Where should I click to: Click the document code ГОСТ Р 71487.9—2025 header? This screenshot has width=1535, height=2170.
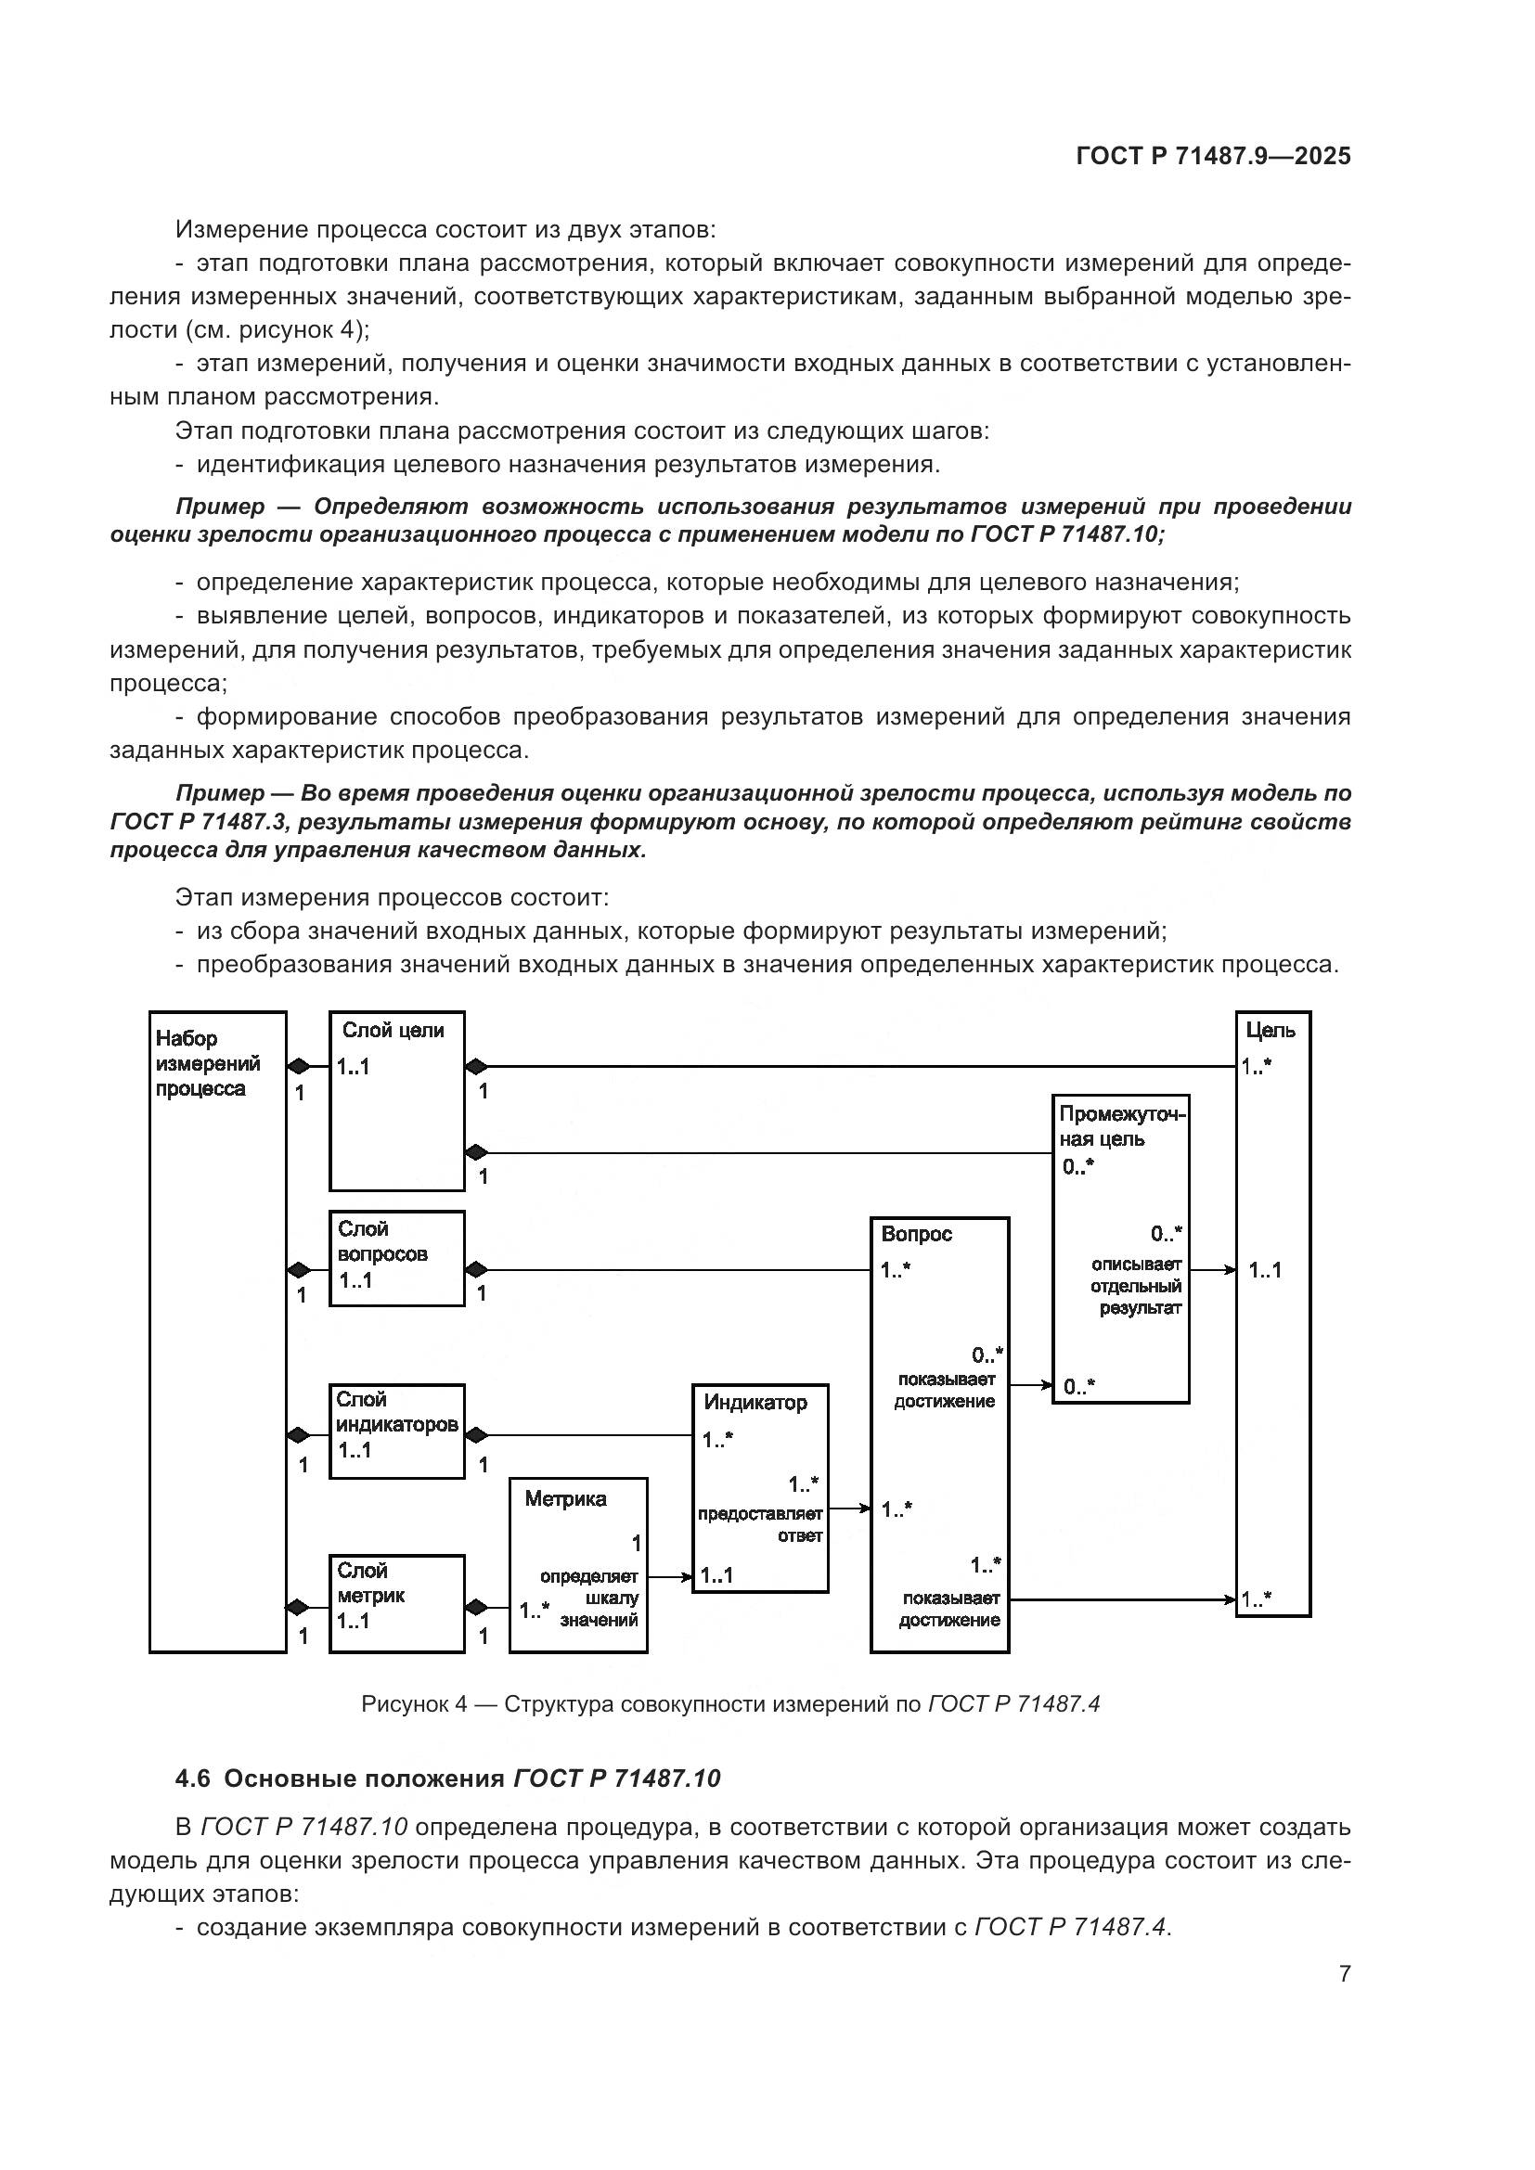pyautogui.click(x=1213, y=157)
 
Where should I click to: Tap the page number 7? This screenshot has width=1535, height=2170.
pyautogui.click(x=1344, y=1974)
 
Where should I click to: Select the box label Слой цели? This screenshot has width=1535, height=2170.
pyautogui.click(x=393, y=1030)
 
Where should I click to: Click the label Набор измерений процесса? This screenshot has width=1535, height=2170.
pyautogui.click(x=207, y=1063)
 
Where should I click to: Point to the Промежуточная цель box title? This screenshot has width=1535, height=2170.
pyautogui.click(x=1121, y=1126)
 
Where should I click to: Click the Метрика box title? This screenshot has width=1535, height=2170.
pyautogui.click(x=565, y=1499)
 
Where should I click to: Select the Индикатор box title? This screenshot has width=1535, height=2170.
pyautogui.click(x=755, y=1403)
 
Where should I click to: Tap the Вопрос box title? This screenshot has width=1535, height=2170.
pyautogui.click(x=916, y=1234)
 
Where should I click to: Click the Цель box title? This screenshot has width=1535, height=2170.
pyautogui.click(x=1270, y=1030)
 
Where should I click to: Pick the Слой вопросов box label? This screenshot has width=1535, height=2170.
pyautogui.click(x=381, y=1241)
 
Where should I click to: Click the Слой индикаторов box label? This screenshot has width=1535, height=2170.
pyautogui.click(x=396, y=1412)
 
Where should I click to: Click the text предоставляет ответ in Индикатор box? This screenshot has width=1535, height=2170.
pyautogui.click(x=761, y=1524)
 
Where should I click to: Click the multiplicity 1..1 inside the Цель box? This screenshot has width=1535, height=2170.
pyautogui.click(x=1265, y=1270)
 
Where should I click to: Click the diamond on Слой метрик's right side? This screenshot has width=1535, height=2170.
pyautogui.click(x=476, y=1608)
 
